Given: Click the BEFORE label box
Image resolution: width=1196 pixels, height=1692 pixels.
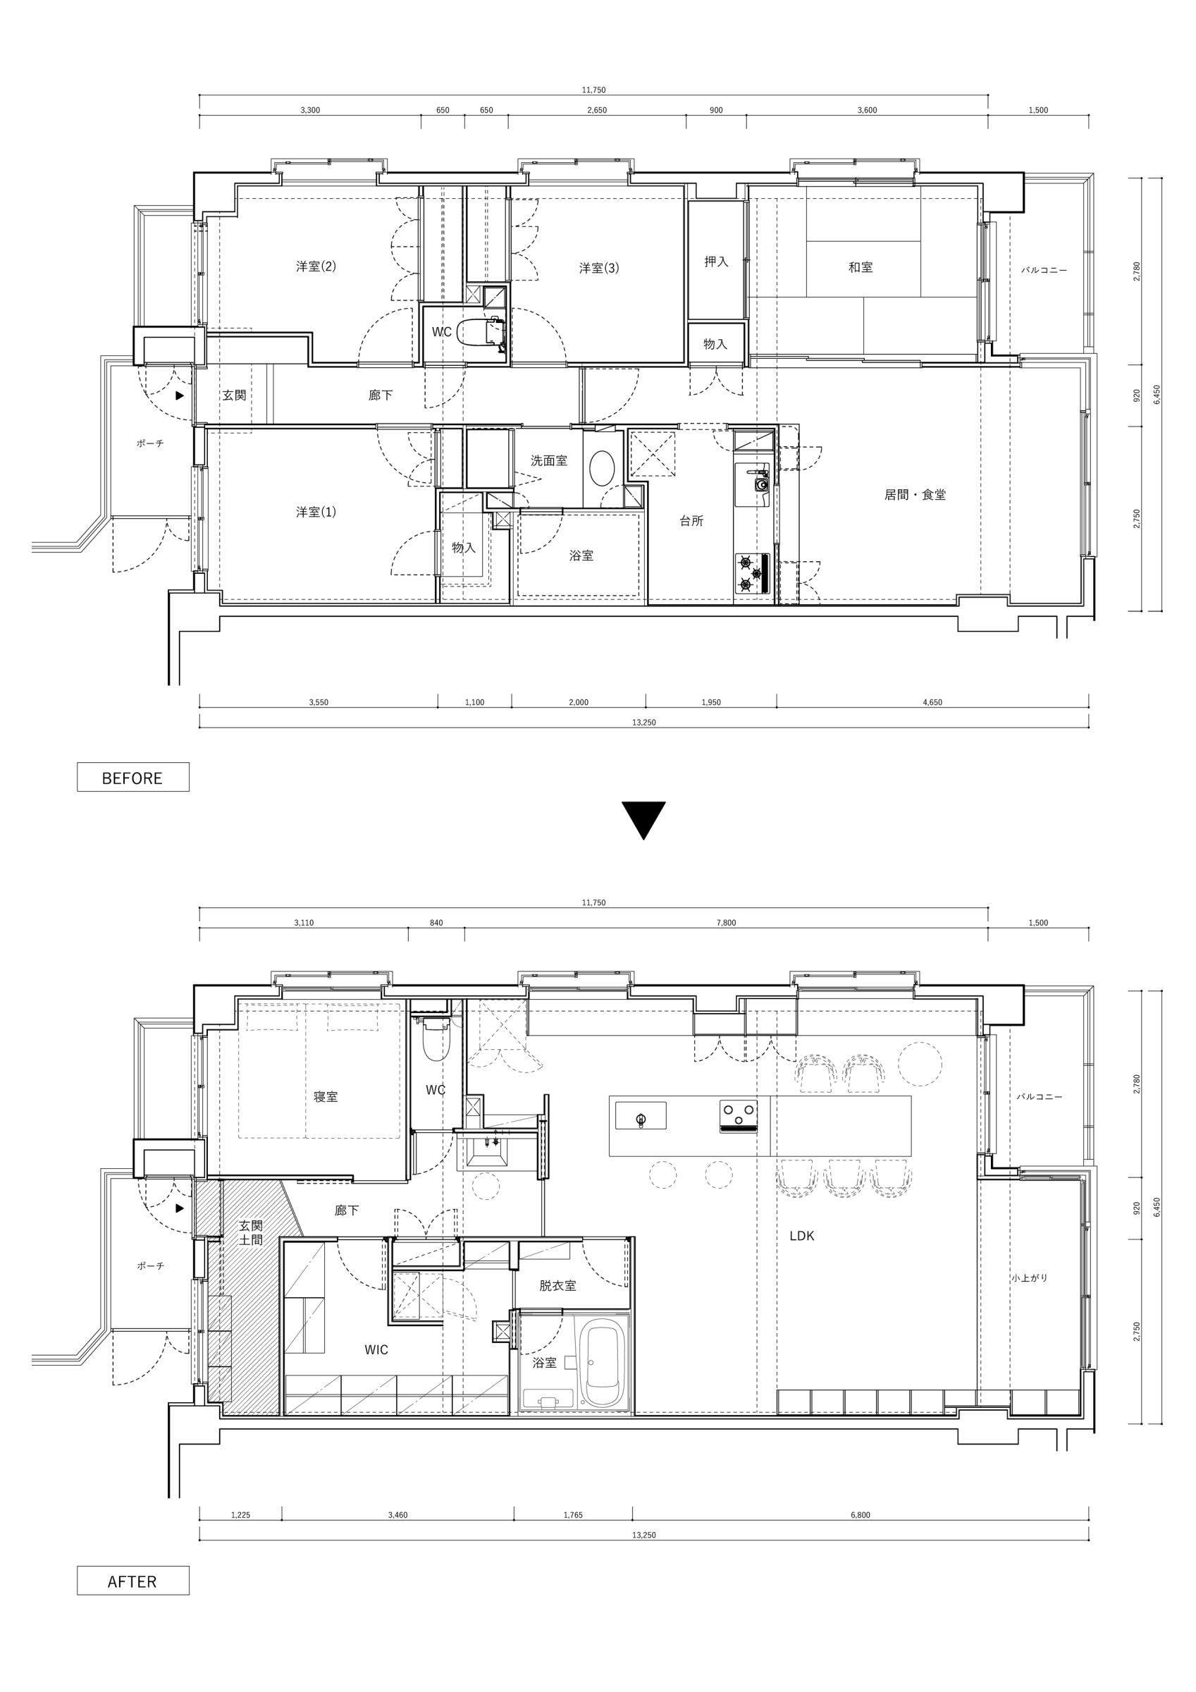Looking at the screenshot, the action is pos(132,777).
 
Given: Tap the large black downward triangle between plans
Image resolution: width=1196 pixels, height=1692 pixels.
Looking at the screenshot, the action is pos(643,820).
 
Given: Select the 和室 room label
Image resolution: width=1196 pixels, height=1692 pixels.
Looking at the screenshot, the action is pos(860,267).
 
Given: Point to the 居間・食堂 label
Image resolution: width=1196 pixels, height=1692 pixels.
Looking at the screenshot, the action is pos(915,495).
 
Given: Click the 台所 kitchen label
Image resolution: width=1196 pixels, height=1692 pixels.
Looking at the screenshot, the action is pos(691,521).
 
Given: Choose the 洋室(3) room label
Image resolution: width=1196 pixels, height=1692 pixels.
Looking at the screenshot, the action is pos(598,268).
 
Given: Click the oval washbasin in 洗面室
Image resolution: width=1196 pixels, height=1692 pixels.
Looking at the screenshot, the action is pos(603,468).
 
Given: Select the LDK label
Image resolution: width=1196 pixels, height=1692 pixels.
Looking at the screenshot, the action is pos(802,1236).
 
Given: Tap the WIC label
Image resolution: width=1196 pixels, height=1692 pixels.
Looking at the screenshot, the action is pos(376,1349).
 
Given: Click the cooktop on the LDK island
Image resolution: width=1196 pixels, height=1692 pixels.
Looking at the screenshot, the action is pos(739,1116).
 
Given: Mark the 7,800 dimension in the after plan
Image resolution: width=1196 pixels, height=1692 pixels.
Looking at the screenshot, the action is pos(726,923).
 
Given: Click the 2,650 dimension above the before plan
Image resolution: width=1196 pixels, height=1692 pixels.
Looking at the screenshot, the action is pos(597,111).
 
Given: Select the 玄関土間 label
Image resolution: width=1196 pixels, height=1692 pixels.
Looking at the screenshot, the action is pos(252,1233).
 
